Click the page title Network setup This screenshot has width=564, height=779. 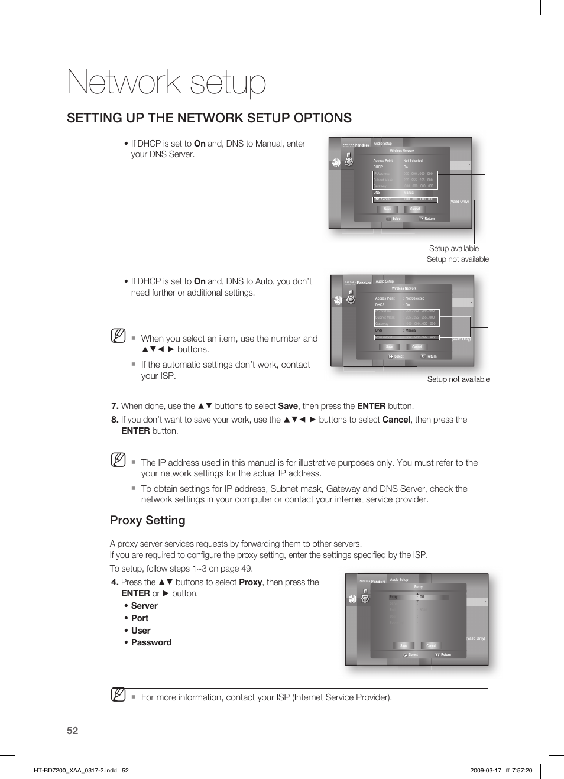click(x=167, y=82)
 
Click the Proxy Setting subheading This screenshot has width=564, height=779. click(x=147, y=520)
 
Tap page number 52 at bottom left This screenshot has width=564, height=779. click(x=72, y=731)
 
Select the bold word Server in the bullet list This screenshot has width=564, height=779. click(x=144, y=606)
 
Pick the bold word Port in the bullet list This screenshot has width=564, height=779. click(x=140, y=618)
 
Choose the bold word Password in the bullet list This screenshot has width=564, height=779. click(x=151, y=642)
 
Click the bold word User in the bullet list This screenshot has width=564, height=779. click(x=141, y=631)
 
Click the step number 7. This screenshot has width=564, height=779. click(x=115, y=406)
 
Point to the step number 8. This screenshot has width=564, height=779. click(x=115, y=420)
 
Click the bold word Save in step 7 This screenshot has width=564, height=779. click(x=288, y=406)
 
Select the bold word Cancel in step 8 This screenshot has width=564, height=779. click(x=396, y=420)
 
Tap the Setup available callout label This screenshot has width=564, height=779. click(x=453, y=248)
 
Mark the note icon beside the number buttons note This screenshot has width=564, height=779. click(x=118, y=336)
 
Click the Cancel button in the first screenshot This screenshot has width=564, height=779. click(x=415, y=209)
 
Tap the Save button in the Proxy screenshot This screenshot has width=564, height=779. click(x=404, y=646)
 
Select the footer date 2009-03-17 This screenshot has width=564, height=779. click(x=485, y=770)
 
